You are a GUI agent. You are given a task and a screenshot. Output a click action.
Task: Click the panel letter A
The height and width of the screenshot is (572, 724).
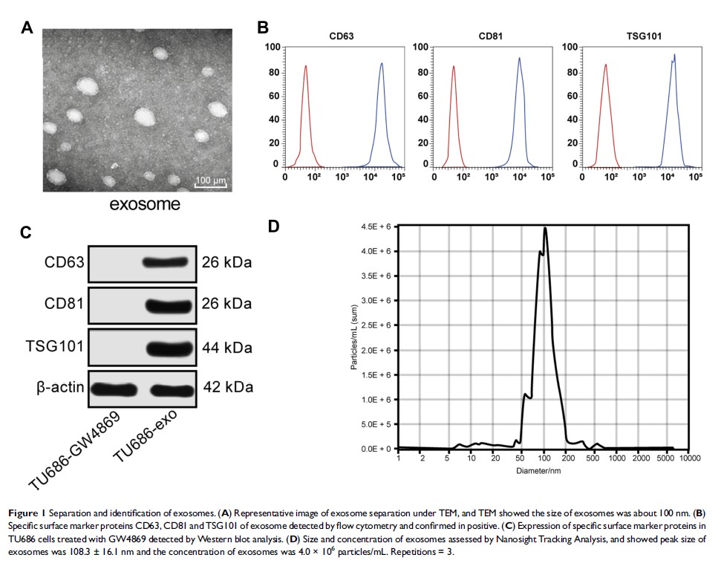coord(27,29)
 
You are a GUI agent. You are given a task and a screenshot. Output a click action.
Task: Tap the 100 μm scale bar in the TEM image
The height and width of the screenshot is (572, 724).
coord(210,178)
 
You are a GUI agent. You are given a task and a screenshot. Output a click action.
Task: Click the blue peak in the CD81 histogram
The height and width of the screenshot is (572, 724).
coord(520,59)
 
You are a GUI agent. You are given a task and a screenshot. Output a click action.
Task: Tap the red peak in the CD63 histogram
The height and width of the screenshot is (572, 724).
coord(305,67)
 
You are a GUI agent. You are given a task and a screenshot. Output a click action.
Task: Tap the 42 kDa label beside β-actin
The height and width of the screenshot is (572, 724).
coord(229,388)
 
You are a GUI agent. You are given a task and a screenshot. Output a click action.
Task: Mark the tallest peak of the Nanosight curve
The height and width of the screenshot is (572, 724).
coord(546,229)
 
